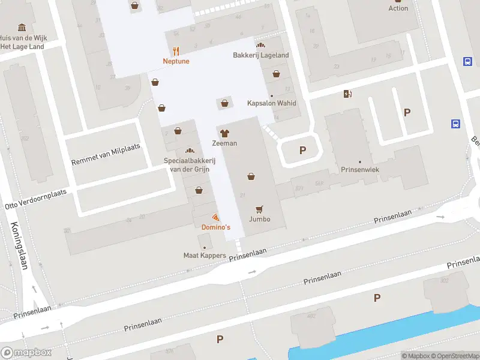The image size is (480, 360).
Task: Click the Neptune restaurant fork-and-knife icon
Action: coord(176,50)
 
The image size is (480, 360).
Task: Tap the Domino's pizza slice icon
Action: coord(215,217)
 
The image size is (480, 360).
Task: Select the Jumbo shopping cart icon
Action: coord(260,209)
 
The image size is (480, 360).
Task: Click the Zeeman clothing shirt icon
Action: coord(224,133)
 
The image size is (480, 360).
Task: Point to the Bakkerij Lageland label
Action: coord(261,55)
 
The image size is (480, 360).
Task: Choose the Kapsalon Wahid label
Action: coord(272,103)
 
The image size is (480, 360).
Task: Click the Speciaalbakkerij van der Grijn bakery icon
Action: coord(190,151)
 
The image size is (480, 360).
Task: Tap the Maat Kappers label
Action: coord(205,256)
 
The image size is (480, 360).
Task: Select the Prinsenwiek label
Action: coord(360,170)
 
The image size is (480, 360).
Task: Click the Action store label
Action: coord(398,8)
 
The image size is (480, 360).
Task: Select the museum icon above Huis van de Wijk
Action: coord(22,28)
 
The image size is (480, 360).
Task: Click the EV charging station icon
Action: coord(347,94)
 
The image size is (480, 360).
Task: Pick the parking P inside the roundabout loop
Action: coord(302,151)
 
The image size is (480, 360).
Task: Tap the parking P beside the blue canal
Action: coord(377,298)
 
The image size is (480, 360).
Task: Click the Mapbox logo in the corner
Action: coord(26,353)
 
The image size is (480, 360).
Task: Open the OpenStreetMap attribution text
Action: coord(455,356)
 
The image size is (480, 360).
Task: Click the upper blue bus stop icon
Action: coord(467,61)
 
